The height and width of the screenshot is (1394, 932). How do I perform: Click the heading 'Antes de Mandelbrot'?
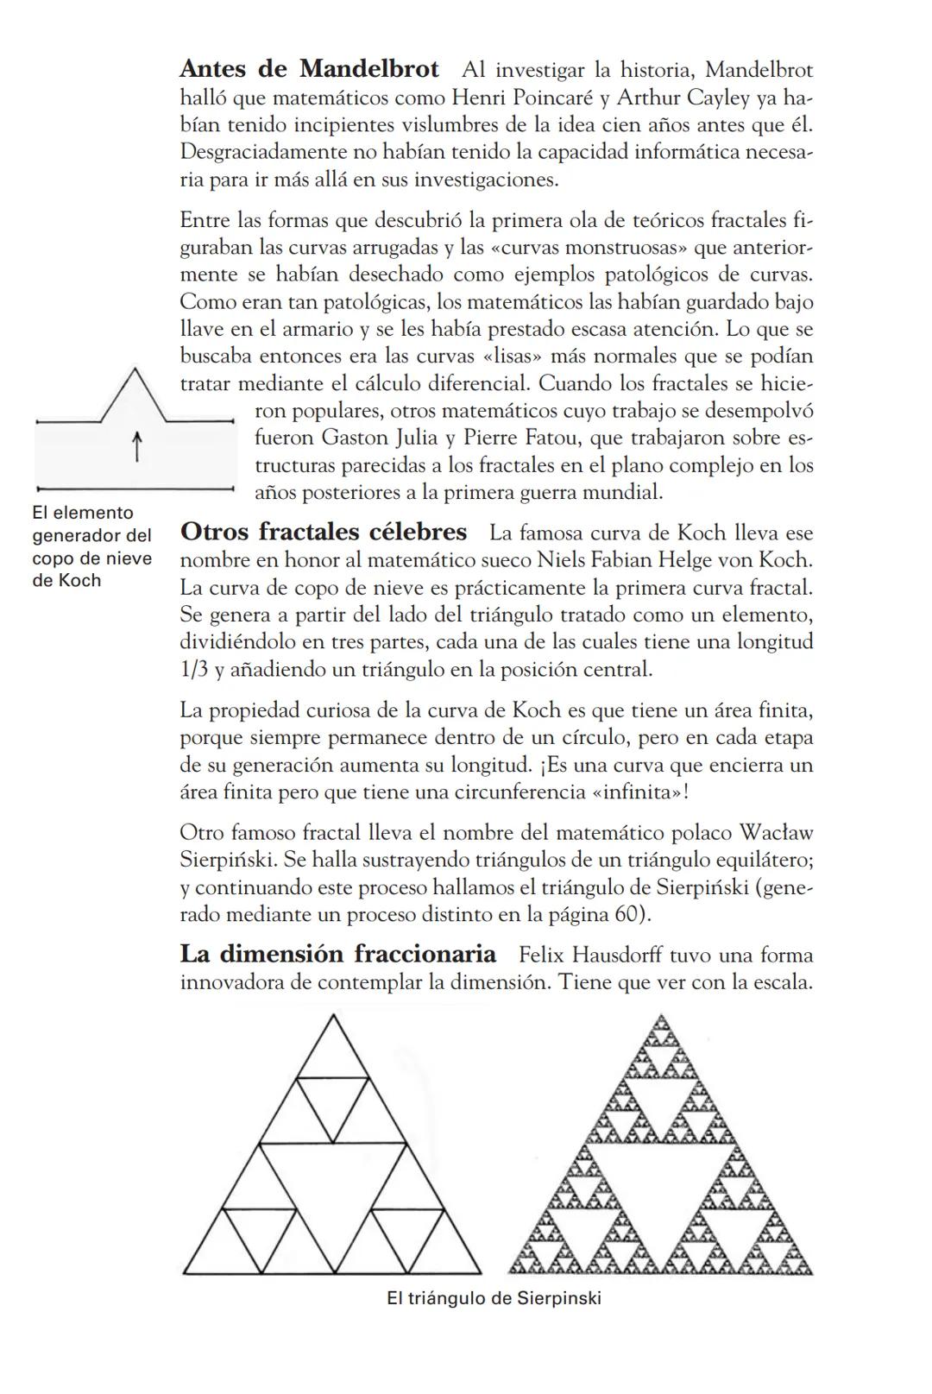click(309, 69)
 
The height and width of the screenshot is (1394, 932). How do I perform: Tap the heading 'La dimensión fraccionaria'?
click(337, 954)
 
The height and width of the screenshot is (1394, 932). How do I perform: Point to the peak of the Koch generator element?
click(135, 369)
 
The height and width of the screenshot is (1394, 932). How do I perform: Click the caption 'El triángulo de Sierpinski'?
click(494, 1298)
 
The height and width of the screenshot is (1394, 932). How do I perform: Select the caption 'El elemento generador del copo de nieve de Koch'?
click(91, 546)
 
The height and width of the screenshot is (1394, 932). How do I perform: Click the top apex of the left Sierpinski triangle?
click(332, 1016)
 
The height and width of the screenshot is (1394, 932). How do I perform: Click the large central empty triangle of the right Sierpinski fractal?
click(661, 1180)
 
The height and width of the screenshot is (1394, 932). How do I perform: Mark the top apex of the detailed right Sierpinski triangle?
click(661, 1016)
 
